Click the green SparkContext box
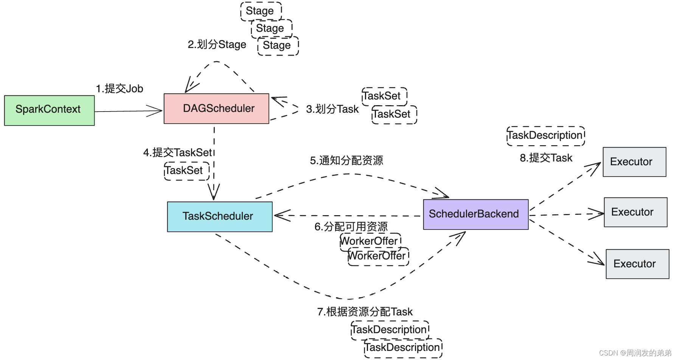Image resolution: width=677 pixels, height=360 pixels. (x=49, y=110)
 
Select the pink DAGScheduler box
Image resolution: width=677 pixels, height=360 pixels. (x=216, y=109)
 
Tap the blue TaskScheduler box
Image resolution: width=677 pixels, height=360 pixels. (x=220, y=216)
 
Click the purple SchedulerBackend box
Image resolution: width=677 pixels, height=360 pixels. (x=475, y=214)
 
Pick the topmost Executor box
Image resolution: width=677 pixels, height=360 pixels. (x=634, y=162)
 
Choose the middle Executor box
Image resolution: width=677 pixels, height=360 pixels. (x=635, y=212)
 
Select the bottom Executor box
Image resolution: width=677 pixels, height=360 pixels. (x=637, y=264)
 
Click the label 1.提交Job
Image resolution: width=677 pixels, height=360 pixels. (x=120, y=89)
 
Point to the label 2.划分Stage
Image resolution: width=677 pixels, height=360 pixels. (x=217, y=45)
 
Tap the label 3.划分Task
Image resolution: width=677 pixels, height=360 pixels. (x=332, y=109)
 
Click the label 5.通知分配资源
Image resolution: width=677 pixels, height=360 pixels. (x=346, y=160)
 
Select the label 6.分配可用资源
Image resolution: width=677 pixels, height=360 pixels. (x=351, y=227)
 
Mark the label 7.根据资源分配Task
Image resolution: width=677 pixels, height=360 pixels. (x=365, y=312)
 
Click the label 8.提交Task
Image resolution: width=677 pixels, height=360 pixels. (x=546, y=158)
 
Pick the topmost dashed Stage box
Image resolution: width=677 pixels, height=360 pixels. (x=261, y=11)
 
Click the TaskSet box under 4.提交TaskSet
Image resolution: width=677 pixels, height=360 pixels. (x=186, y=171)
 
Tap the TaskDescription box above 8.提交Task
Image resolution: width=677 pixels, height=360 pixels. (x=545, y=136)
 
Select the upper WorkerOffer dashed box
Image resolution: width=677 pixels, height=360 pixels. (x=370, y=241)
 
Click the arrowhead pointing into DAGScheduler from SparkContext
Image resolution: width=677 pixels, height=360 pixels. (x=156, y=111)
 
